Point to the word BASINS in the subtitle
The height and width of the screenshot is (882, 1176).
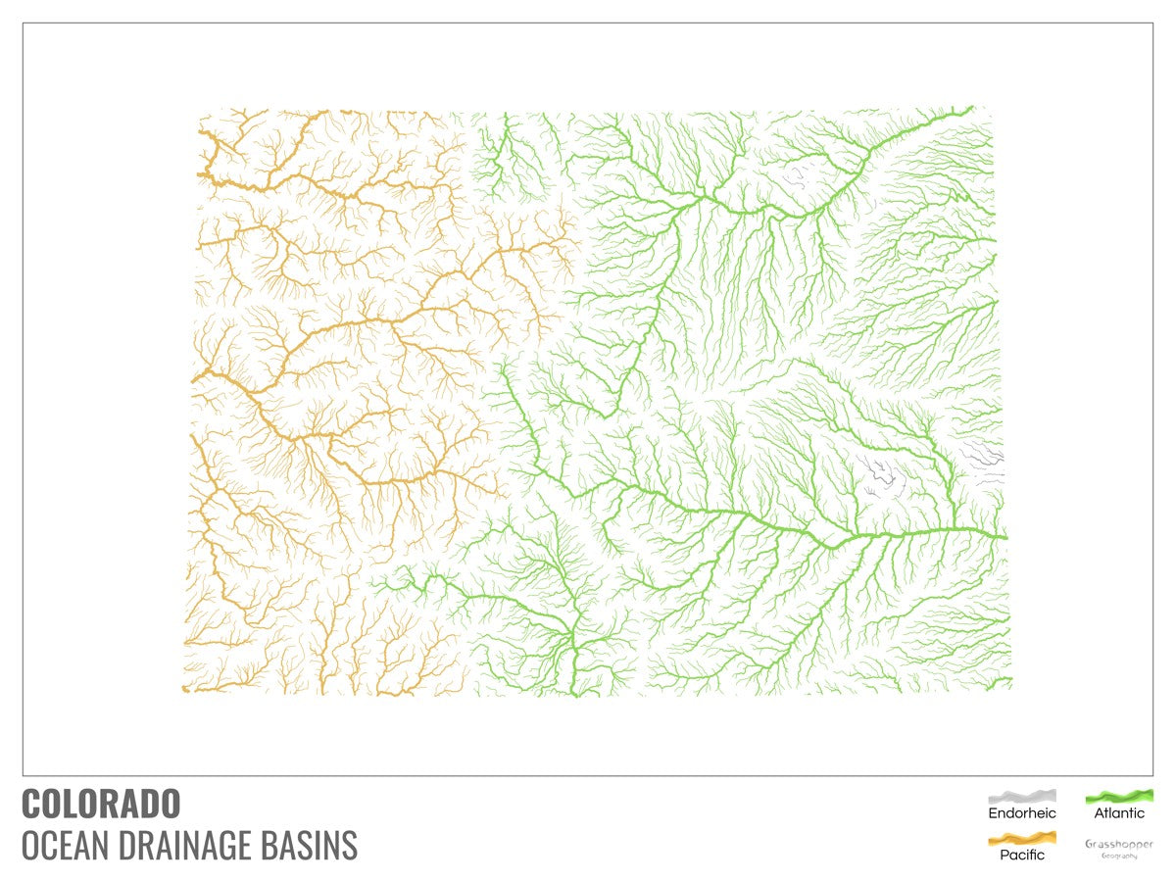coord(314,845)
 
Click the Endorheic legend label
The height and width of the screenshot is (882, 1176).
coord(1022,813)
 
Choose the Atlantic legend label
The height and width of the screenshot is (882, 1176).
coord(1119,813)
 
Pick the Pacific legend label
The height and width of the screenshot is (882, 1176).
coord(1022,855)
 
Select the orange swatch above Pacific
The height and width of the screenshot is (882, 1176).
coord(1022,838)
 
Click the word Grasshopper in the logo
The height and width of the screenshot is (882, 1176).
coord(1119,844)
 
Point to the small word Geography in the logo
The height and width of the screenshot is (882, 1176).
coord(1119,856)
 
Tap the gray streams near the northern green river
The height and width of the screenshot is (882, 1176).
coord(799,176)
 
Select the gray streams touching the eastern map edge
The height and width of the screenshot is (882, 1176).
coord(985,456)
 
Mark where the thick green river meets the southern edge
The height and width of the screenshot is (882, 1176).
coord(576,692)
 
